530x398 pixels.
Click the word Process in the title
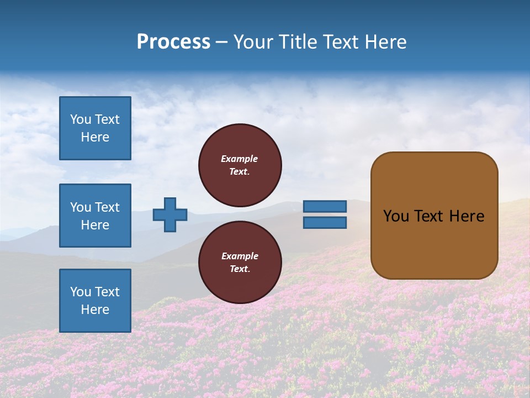coord(173,42)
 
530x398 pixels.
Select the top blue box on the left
coord(95,128)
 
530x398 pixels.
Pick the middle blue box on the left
coord(95,216)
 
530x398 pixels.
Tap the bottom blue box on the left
coord(95,301)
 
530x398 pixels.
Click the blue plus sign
coord(170,214)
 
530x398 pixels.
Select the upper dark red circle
coord(240,165)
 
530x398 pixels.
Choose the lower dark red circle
coord(240,263)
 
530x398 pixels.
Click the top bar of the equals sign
coord(325,206)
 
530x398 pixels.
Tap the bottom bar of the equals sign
coord(325,222)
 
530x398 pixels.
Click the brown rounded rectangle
coord(434,215)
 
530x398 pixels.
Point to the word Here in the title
coord(384,42)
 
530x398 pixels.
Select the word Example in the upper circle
coord(239,159)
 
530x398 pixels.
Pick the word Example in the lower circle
coord(240,256)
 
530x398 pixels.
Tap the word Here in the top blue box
coord(95,137)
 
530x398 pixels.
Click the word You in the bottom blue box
coord(80,292)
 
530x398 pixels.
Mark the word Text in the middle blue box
coord(107,207)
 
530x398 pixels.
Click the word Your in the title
coord(253,42)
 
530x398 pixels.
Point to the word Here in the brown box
coord(467,216)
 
